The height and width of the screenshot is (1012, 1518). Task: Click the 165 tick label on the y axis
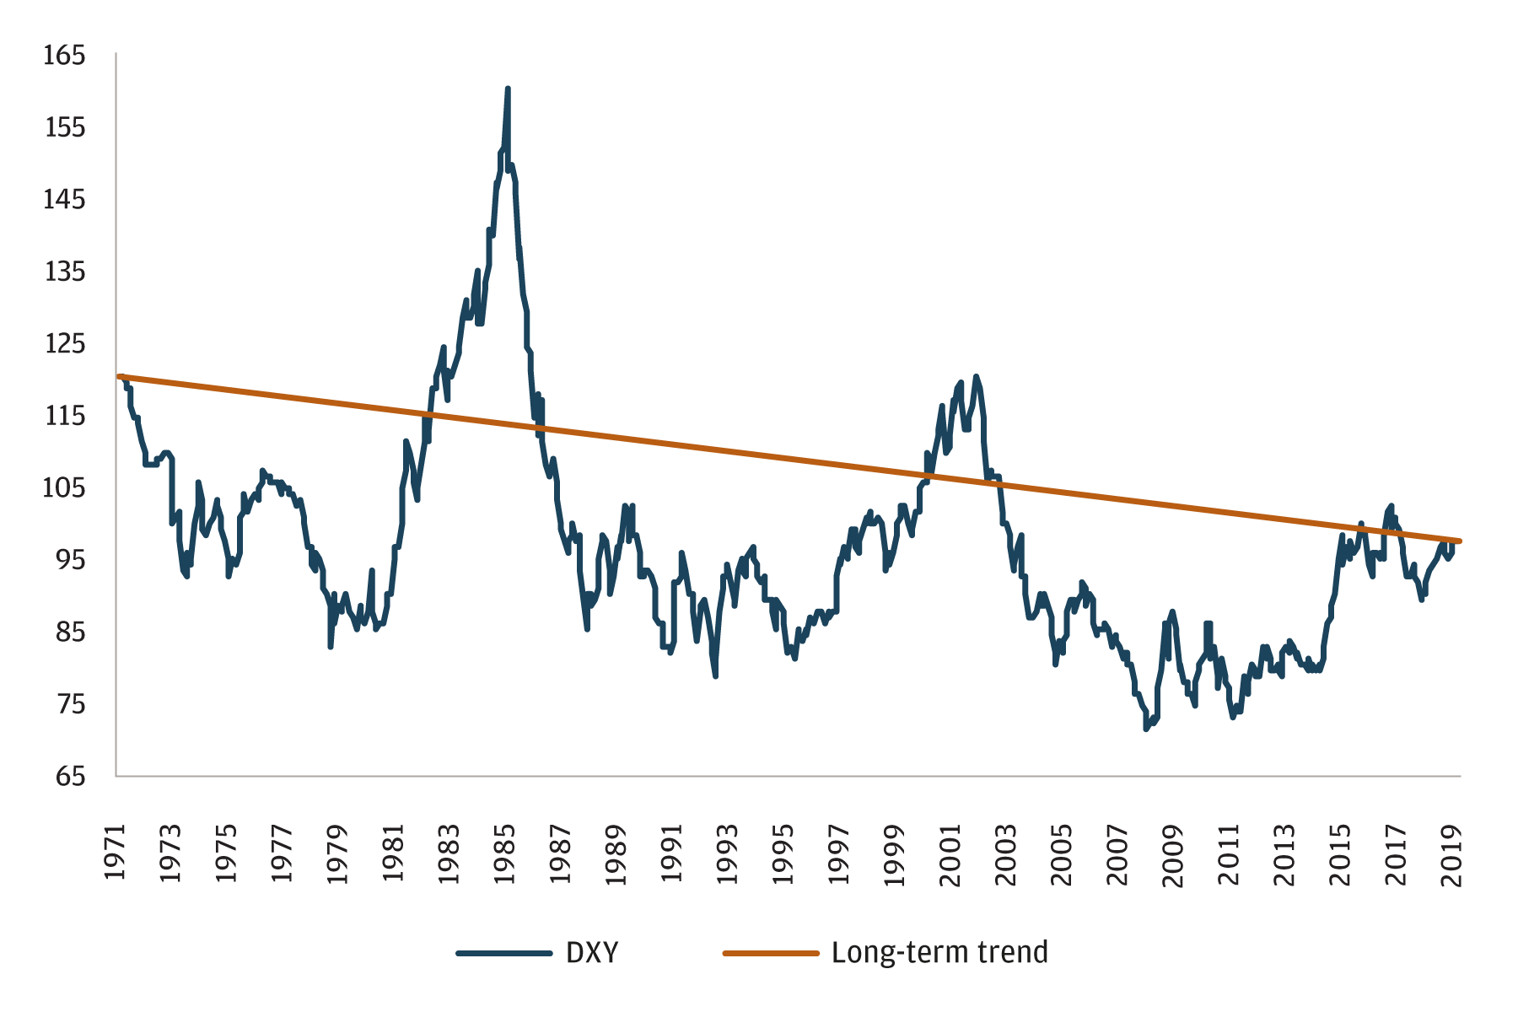[x=65, y=56]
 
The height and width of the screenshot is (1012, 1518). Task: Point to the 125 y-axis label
[x=65, y=344]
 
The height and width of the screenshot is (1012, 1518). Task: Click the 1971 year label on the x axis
[x=115, y=853]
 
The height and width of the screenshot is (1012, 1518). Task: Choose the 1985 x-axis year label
[x=505, y=853]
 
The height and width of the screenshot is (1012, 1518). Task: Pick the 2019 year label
[x=1452, y=853]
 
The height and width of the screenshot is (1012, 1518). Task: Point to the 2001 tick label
[x=950, y=853]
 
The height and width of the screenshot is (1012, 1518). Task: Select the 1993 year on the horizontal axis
[x=728, y=853]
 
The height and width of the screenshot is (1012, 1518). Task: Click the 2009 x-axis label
[x=1173, y=853]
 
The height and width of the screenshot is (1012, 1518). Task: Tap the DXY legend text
[x=592, y=952]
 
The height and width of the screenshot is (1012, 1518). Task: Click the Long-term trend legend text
[x=939, y=952]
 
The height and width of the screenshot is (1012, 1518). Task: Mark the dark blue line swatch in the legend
[x=503, y=953]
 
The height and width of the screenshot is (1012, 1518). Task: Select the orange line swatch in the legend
[x=770, y=953]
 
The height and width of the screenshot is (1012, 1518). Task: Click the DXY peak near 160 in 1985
[x=508, y=89]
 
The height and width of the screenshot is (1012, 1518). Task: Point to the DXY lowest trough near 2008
[x=1145, y=729]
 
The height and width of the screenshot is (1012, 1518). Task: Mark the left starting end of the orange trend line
[x=119, y=376]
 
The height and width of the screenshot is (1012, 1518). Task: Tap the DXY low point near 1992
[x=715, y=676]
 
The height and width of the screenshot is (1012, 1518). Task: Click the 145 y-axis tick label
[x=65, y=200]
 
